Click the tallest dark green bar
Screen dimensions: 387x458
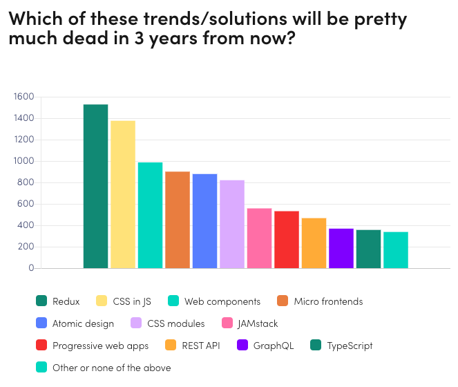point(95,186)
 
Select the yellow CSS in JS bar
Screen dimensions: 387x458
point(123,194)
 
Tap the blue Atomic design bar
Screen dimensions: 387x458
point(204,220)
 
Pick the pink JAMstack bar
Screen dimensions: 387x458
point(259,238)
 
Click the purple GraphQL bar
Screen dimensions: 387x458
point(341,248)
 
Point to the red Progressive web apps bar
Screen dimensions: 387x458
point(287,239)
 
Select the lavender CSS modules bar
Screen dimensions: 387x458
point(232,224)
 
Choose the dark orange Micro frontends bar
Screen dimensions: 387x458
point(178,219)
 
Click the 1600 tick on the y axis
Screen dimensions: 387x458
point(23,97)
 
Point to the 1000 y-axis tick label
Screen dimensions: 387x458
point(23,161)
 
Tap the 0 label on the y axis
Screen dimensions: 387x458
point(31,268)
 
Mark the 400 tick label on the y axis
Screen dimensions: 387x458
point(26,225)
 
